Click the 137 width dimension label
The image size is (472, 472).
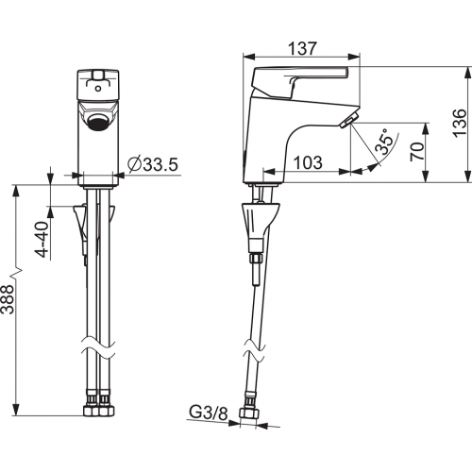click(302, 49)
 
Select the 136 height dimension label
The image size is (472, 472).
click(460, 123)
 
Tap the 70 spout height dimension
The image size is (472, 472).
click(416, 151)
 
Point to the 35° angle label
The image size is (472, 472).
click(386, 142)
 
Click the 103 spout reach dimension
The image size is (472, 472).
click(308, 162)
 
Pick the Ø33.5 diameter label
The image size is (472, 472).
click(153, 164)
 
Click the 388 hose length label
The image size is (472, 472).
click(8, 299)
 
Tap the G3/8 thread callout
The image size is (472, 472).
click(208, 413)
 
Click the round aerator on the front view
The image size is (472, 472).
click(97, 123)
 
